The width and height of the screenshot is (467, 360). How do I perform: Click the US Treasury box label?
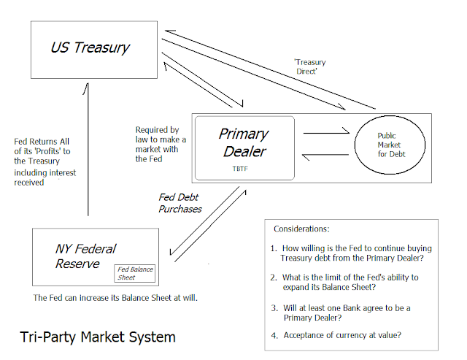(90, 48)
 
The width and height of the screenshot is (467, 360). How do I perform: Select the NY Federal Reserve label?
(85, 256)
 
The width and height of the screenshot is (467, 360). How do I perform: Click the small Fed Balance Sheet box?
(135, 274)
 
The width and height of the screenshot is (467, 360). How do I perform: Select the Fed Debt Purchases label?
(180, 203)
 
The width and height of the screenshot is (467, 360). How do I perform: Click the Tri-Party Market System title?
(97, 337)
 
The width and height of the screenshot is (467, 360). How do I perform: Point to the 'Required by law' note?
(161, 144)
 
